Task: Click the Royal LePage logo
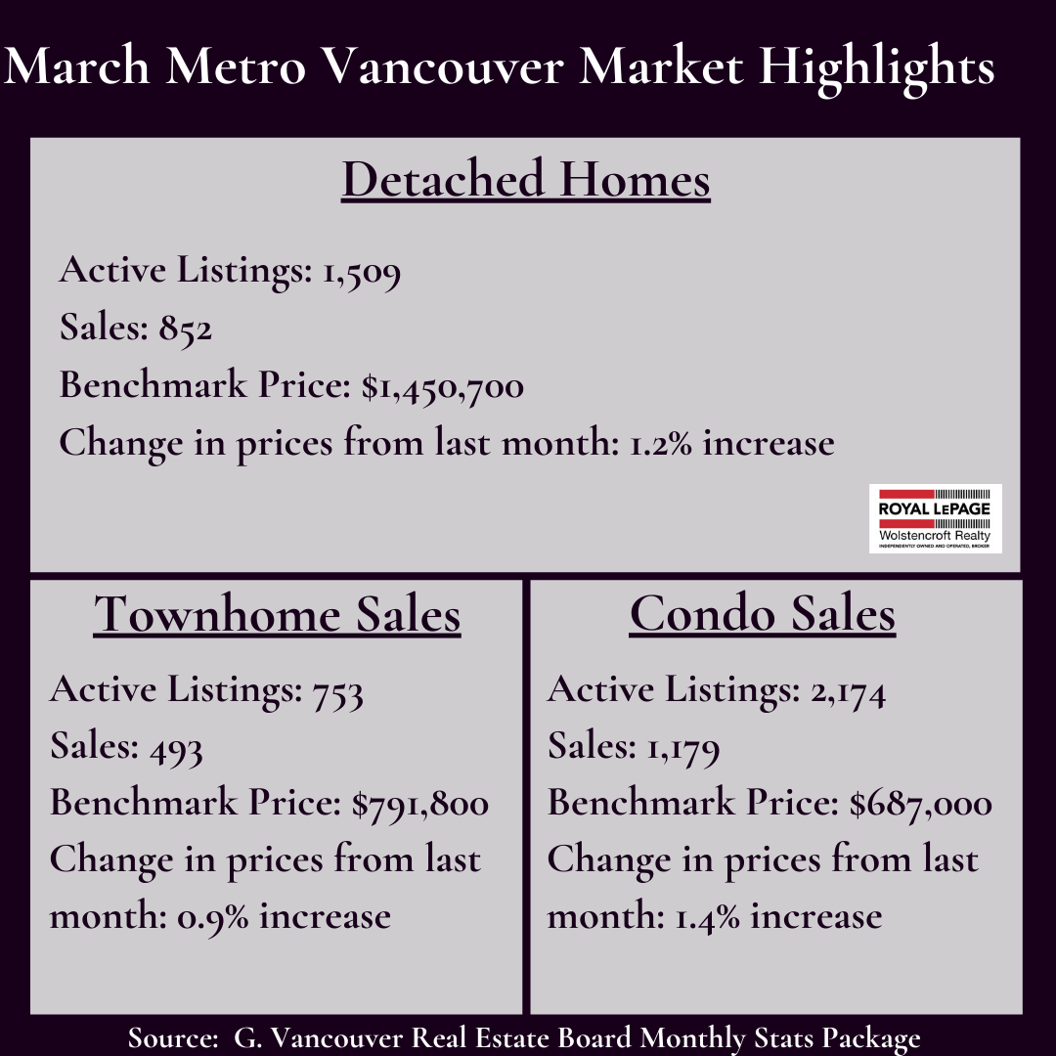pos(935,518)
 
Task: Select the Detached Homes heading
pos(526,179)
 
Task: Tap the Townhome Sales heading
pos(277,614)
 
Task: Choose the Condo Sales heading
pos(763,613)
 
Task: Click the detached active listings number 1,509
pos(362,272)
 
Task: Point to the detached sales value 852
pos(185,329)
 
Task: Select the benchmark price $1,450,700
pos(443,386)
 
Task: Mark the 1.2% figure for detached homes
pos(661,444)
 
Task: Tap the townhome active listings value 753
pos(338,691)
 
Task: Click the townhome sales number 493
pos(176,749)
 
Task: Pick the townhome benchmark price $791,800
pos(420,804)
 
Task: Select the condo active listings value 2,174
pos(848,691)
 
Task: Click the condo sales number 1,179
pos(682,749)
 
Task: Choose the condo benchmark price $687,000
pos(921,804)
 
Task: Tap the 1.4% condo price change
pos(707,917)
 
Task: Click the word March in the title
pos(77,66)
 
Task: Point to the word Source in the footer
pos(173,1037)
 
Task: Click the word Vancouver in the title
pos(443,66)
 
